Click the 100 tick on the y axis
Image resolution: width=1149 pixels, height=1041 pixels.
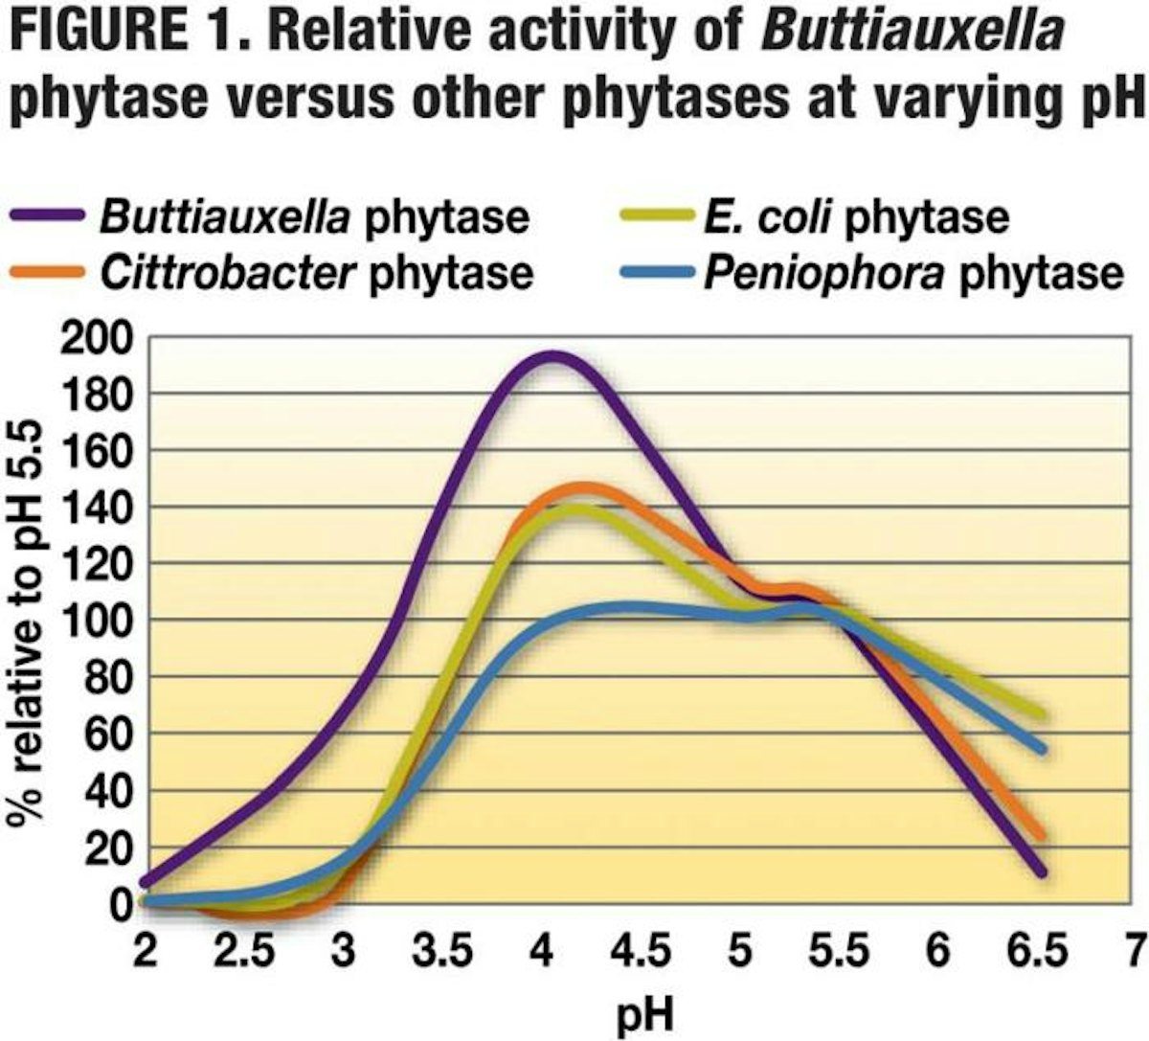click(94, 621)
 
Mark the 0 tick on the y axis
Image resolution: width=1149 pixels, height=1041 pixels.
click(120, 904)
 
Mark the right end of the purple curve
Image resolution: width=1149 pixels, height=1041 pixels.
click(1041, 872)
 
